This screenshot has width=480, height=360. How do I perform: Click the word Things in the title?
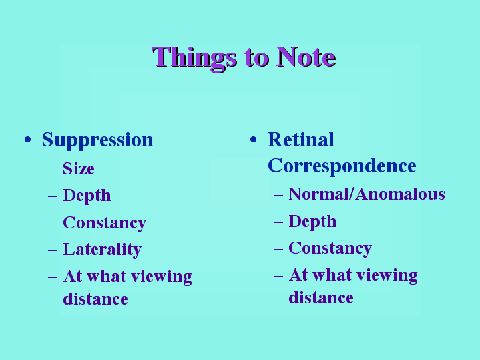[194, 58]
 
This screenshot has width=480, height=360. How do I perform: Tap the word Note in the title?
[306, 57]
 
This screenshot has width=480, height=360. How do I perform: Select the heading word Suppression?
[97, 140]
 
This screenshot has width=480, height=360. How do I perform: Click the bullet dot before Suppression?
[28, 140]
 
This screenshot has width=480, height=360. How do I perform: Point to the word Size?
[79, 168]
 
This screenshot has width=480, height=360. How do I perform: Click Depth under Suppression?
[87, 196]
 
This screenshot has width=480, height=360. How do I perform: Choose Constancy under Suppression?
[104, 223]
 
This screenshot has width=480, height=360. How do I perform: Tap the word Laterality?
[102, 250]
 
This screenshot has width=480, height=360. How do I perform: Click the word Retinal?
[300, 140]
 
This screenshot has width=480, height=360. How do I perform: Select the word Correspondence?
[342, 166]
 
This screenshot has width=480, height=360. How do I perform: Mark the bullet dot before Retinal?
[253, 140]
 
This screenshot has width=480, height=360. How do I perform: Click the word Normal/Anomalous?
[367, 194]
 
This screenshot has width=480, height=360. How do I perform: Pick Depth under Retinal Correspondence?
[312, 222]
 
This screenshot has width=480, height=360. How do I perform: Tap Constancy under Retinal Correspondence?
[330, 248]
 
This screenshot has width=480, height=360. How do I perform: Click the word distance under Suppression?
[95, 299]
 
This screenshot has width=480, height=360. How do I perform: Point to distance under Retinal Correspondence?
[321, 297]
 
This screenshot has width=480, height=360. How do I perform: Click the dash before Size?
[53, 169]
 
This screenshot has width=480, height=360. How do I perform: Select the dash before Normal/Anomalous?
[278, 195]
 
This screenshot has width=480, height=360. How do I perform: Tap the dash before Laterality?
[53, 250]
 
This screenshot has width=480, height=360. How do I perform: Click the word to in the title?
[256, 59]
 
